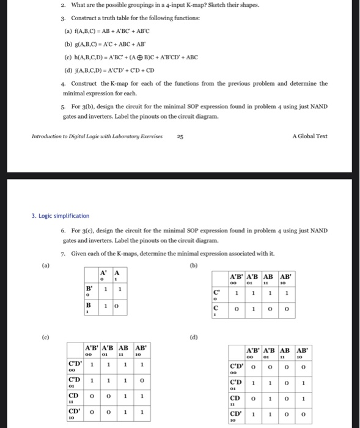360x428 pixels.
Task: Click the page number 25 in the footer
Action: tap(180, 136)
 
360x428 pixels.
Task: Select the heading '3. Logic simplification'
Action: tap(60, 216)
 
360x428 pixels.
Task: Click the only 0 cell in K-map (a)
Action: tap(118, 305)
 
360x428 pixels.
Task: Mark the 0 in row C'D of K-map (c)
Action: tap(141, 381)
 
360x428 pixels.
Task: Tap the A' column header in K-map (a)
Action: tap(104, 274)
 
